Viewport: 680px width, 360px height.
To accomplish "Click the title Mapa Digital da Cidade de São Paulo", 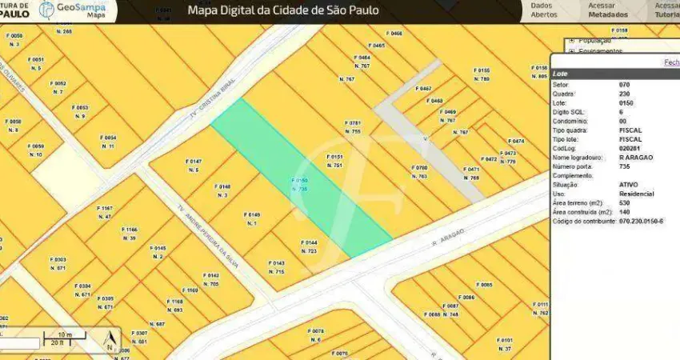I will click(283, 10).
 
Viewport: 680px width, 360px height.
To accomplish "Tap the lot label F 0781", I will click(353, 123).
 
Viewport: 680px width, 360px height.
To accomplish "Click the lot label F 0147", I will click(194, 162).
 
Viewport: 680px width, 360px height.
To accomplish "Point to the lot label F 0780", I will click(419, 168).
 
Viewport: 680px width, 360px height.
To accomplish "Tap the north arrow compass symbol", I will click(110, 343).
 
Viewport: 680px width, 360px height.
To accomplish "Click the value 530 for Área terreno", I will click(625, 203).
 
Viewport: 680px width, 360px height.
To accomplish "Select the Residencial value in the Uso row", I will click(637, 194).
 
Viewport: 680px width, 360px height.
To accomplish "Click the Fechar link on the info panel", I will click(671, 62).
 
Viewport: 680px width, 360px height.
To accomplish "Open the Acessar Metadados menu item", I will click(608, 10).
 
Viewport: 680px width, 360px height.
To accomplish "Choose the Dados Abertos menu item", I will click(544, 10).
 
